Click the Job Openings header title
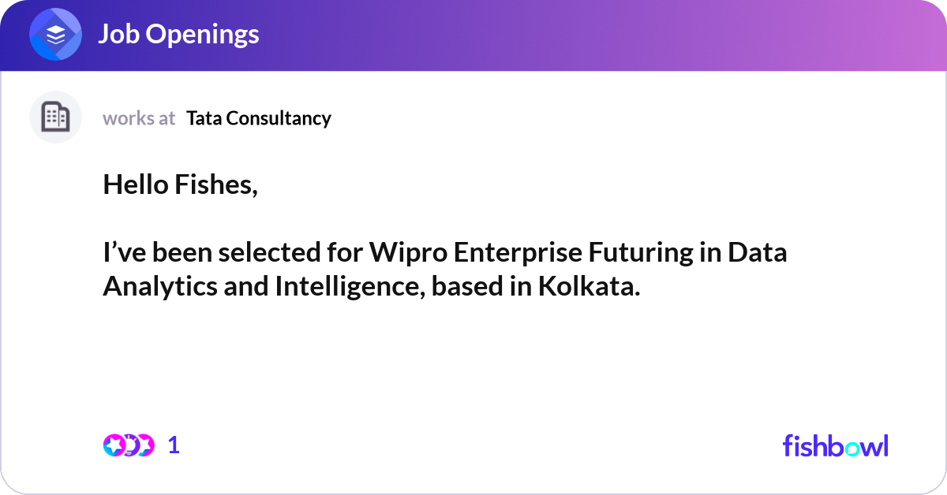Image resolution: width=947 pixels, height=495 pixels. tap(178, 34)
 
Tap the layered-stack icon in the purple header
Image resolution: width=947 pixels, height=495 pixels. tap(55, 35)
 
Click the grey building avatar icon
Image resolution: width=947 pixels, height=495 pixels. tap(55, 117)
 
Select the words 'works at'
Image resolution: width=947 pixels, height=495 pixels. tap(139, 118)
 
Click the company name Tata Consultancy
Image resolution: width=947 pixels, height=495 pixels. tap(259, 118)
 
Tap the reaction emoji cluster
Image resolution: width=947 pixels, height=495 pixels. tap(128, 445)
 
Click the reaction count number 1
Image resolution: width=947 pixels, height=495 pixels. tap(174, 445)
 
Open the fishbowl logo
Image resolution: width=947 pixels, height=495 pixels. tap(835, 445)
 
